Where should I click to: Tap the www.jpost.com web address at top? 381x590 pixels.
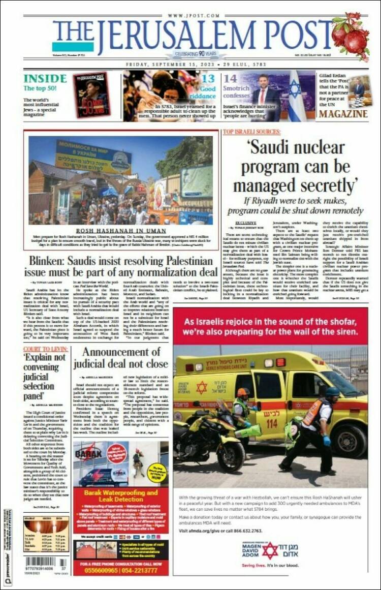pyautogui.click(x=190, y=16)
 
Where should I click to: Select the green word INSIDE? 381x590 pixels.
pyautogui.click(x=45, y=78)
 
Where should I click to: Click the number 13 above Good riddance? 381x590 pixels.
pyautogui.click(x=208, y=78)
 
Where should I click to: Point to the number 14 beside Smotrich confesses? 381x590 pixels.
pyautogui.click(x=231, y=79)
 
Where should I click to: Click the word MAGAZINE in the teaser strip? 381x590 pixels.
pyautogui.click(x=344, y=113)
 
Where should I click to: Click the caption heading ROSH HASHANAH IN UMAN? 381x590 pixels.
pyautogui.click(x=121, y=230)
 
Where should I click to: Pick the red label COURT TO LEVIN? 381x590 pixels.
pyautogui.click(x=45, y=350)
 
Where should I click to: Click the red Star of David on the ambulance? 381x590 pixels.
pyautogui.click(x=202, y=387)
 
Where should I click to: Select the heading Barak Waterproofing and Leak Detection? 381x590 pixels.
pyautogui.click(x=120, y=496)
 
